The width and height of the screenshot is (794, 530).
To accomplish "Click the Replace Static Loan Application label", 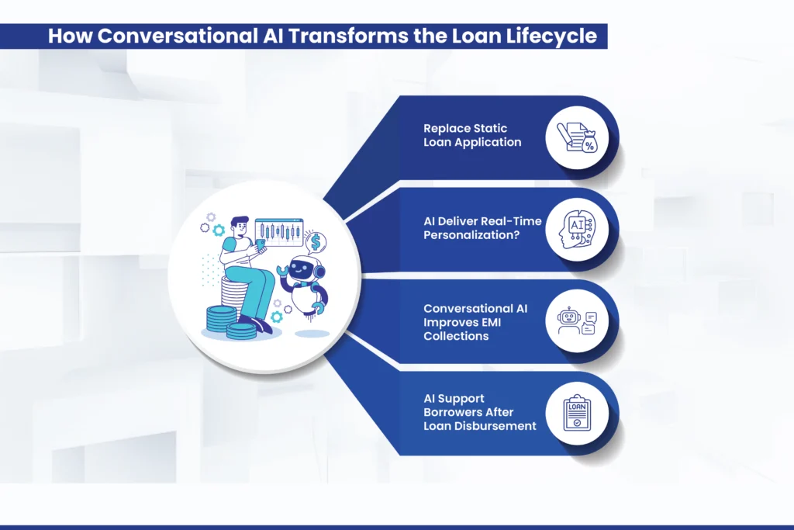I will point(472,135).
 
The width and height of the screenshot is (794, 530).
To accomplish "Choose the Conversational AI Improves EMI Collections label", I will point(475,322).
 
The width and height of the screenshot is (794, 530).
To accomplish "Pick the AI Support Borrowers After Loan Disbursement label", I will point(479,412).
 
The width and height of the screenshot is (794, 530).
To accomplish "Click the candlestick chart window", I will point(279,230).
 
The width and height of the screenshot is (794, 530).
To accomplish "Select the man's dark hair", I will point(240,223).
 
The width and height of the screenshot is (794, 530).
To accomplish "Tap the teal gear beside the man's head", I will point(219,230).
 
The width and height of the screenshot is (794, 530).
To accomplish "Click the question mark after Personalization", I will point(516,234).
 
